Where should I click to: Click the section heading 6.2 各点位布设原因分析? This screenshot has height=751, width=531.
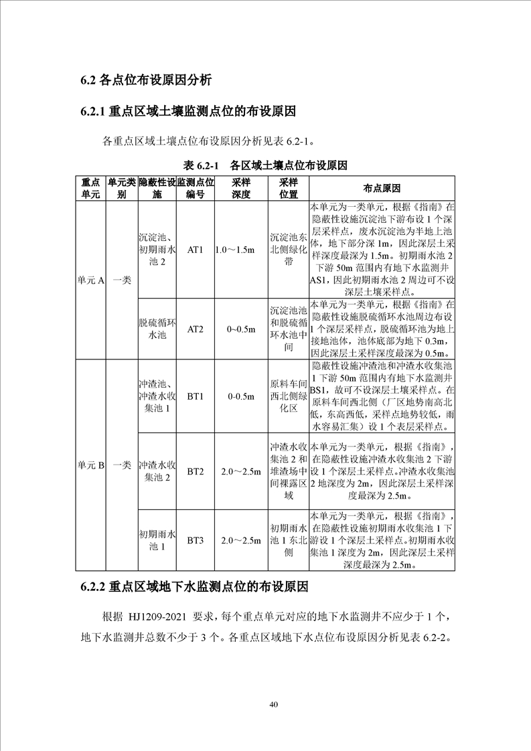(146, 81)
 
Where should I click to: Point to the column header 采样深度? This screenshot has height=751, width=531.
(241, 188)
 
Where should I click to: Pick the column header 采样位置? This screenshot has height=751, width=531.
(289, 188)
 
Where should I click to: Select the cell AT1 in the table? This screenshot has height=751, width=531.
(195, 250)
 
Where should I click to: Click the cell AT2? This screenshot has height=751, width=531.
(195, 329)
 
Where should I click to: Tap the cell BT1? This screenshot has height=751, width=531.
(195, 397)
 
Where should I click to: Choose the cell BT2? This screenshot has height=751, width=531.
(195, 472)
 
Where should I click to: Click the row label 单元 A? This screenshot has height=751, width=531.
(91, 281)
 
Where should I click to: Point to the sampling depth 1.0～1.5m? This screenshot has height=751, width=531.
(241, 250)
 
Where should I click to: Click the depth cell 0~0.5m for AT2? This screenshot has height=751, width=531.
(241, 329)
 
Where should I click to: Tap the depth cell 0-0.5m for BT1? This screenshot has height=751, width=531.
(241, 397)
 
